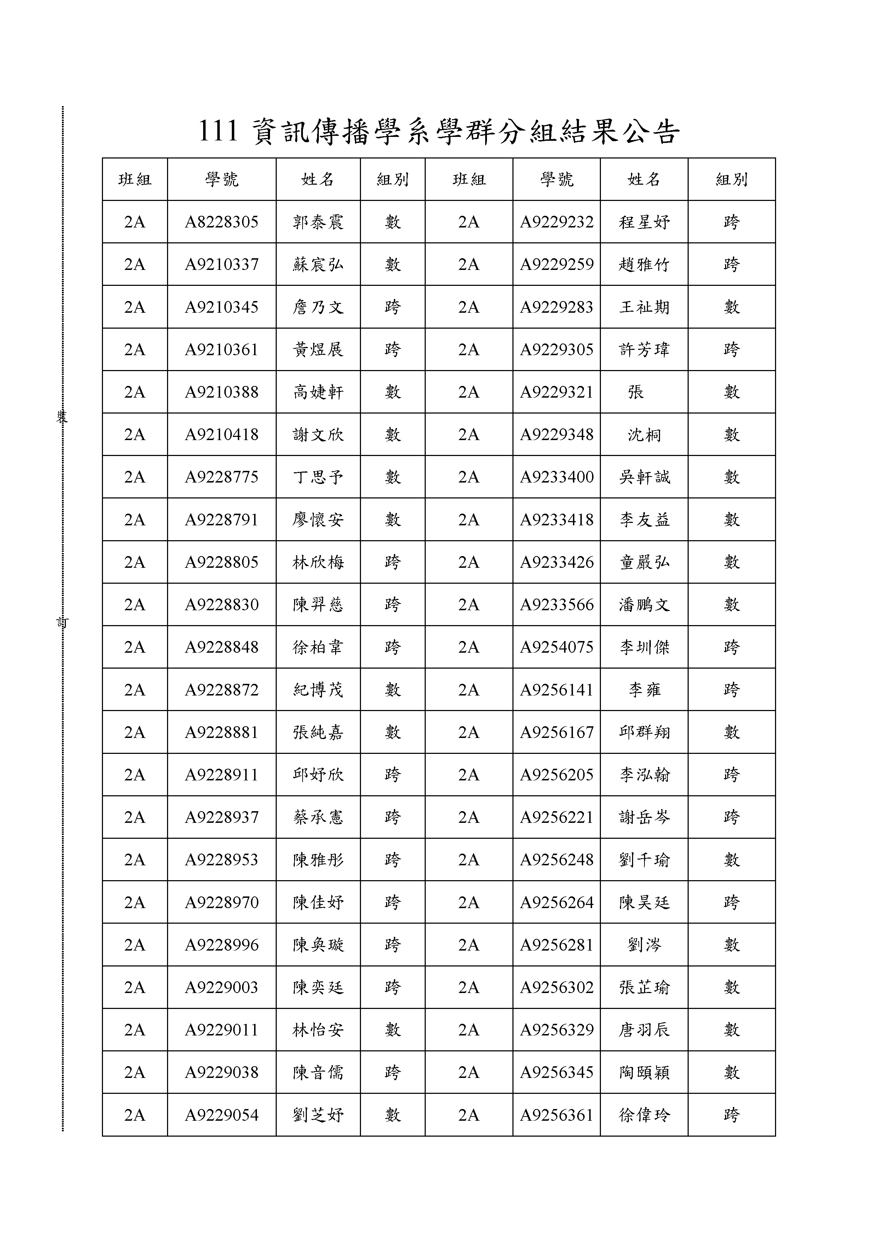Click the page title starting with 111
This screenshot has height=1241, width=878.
click(438, 131)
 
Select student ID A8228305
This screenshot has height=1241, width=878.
click(222, 222)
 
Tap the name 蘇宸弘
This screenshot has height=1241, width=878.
click(318, 265)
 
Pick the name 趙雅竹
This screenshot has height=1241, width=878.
click(644, 265)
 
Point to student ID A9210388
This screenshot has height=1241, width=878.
click(222, 392)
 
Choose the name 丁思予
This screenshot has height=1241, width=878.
click(318, 477)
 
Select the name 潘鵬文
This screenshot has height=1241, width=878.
click(644, 605)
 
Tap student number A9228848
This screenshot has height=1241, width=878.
click(222, 647)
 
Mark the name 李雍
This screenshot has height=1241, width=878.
click(644, 690)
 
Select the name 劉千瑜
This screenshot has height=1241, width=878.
click(644, 860)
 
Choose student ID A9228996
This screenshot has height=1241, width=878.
click(222, 945)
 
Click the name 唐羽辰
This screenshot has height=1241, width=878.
click(644, 1030)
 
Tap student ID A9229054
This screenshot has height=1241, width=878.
click(222, 1116)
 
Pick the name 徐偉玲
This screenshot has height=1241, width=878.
click(644, 1116)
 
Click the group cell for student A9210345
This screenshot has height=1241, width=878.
click(392, 307)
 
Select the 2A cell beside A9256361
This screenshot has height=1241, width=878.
click(469, 1116)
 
